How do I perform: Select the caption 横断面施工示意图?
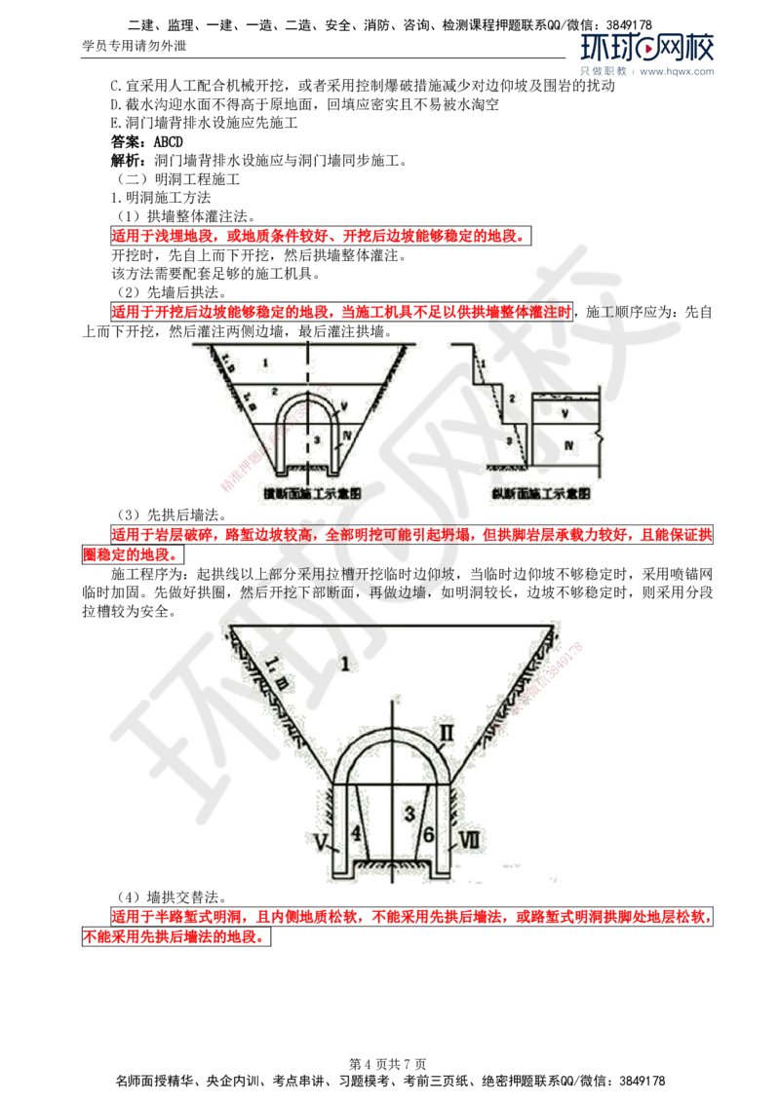pos(307,494)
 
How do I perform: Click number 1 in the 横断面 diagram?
pos(264,361)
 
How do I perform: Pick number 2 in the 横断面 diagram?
pos(275,392)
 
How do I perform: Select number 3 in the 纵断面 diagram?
pos(508,441)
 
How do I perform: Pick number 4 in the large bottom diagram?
pos(355,834)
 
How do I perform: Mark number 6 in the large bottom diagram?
pos(428,834)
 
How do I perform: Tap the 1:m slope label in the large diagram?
pos(276,669)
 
